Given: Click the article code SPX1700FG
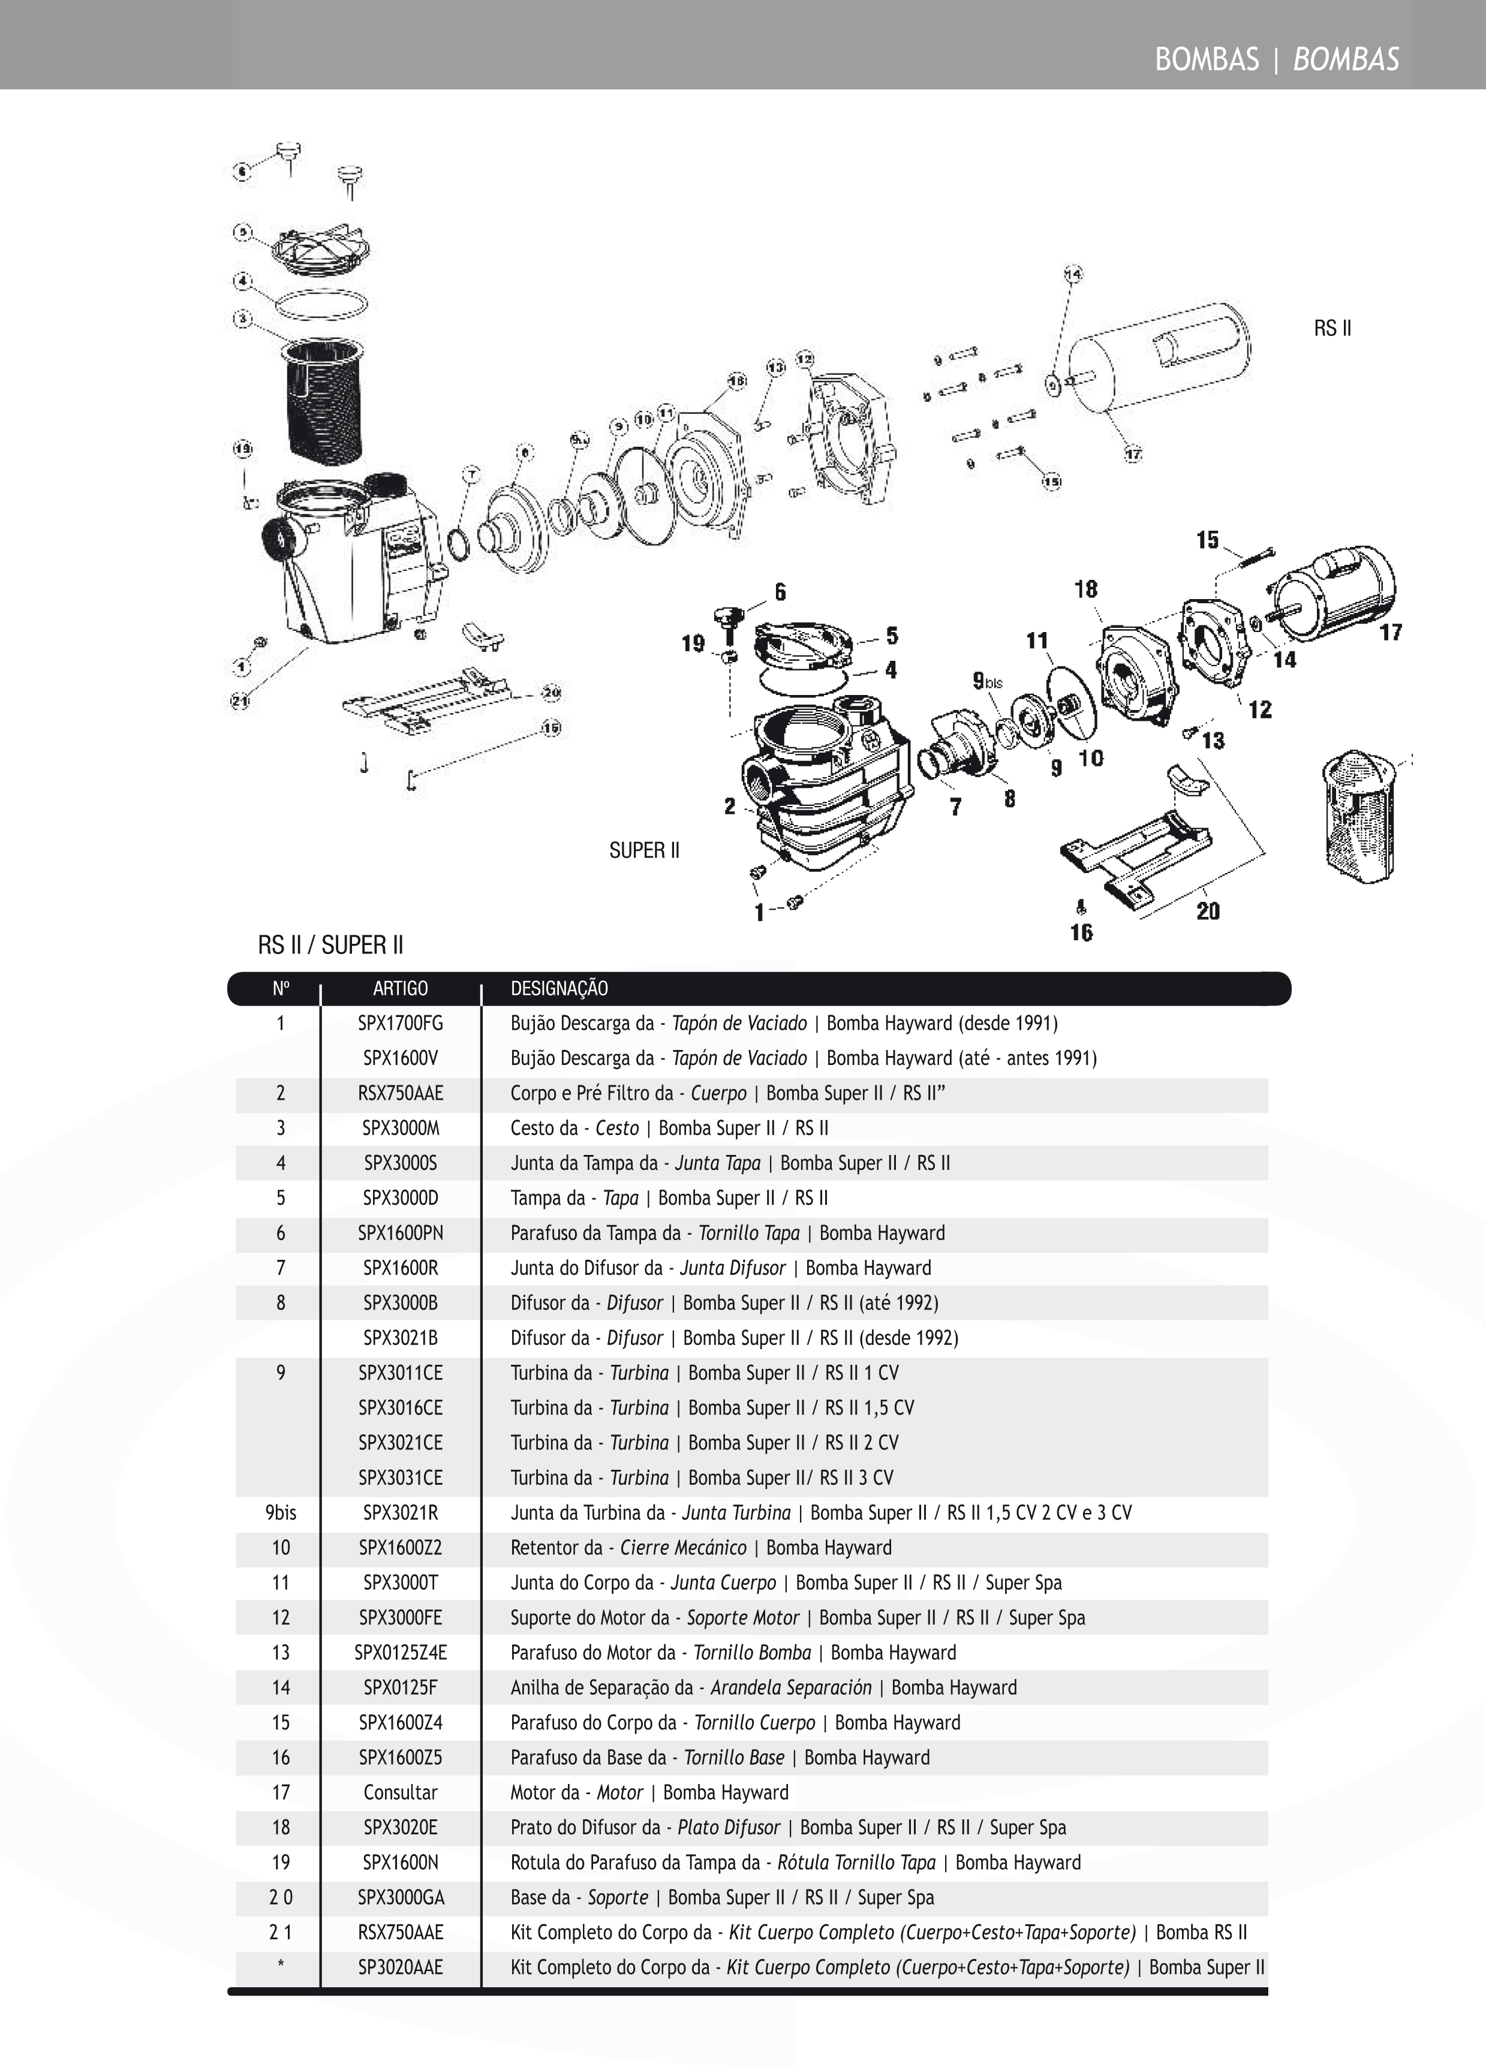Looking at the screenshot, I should tap(400, 1023).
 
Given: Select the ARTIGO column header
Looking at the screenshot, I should tap(400, 988).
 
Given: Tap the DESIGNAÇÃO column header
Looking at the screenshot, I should tap(559, 988).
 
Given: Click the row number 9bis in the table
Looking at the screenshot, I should tap(280, 1512).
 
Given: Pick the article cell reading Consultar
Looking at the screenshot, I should tap(400, 1792).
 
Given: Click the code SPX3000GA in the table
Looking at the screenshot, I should tap(400, 1897).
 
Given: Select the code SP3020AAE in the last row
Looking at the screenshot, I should tap(400, 1967).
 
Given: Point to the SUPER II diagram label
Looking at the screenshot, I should tap(645, 851).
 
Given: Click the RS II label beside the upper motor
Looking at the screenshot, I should tap(1332, 329).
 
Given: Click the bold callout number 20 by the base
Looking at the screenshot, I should tap(1208, 911).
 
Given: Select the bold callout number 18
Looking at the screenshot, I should tap(1085, 589).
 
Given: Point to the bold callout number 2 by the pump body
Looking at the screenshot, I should tap(729, 807).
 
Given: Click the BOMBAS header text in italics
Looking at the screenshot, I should tap(1346, 59).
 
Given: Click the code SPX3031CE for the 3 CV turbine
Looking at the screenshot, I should tap(400, 1478).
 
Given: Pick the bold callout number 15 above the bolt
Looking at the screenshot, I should tap(1208, 540).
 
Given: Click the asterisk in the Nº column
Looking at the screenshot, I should tap(280, 1967).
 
